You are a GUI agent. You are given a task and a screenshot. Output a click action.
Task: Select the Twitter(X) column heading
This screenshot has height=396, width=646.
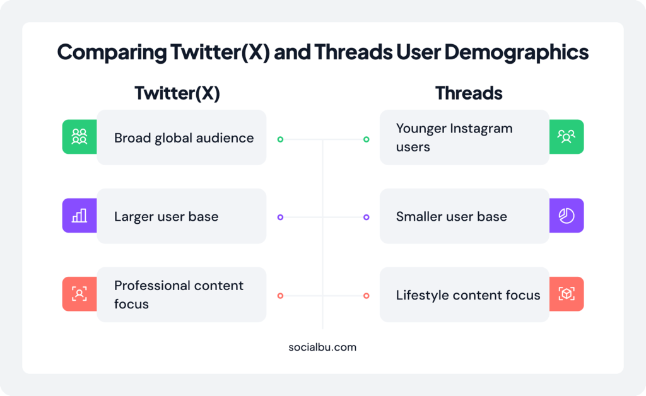(177, 93)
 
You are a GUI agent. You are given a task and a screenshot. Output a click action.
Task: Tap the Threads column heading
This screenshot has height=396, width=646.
(469, 93)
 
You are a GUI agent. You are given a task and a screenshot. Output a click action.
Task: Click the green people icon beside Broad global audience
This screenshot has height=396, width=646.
(79, 137)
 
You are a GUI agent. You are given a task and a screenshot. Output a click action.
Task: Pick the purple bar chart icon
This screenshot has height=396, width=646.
(79, 216)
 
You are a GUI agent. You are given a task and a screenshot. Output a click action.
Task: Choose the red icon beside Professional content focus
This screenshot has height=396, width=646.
(79, 294)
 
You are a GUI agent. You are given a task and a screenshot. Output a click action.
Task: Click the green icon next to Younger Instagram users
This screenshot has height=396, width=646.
(566, 137)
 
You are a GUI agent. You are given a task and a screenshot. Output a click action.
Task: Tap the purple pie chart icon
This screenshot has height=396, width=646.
(566, 216)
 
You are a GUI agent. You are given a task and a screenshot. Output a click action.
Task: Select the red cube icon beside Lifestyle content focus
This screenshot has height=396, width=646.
(566, 294)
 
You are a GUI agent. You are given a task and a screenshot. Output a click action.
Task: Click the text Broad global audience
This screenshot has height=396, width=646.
(184, 138)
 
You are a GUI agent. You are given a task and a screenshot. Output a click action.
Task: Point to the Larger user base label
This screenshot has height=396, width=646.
(166, 217)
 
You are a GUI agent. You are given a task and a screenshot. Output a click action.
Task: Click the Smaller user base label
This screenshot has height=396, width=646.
(451, 217)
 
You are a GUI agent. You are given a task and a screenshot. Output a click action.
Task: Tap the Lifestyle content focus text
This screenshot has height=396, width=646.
(467, 295)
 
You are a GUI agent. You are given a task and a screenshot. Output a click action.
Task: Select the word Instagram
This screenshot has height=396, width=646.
(481, 129)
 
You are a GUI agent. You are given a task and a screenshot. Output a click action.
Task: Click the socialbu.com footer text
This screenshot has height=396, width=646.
(322, 347)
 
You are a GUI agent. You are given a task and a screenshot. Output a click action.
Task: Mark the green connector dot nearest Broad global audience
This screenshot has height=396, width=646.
(280, 139)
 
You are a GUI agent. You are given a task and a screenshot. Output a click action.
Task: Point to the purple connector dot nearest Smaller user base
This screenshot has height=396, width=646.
(366, 217)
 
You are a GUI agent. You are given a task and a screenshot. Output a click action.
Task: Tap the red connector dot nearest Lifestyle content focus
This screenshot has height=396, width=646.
(366, 296)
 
